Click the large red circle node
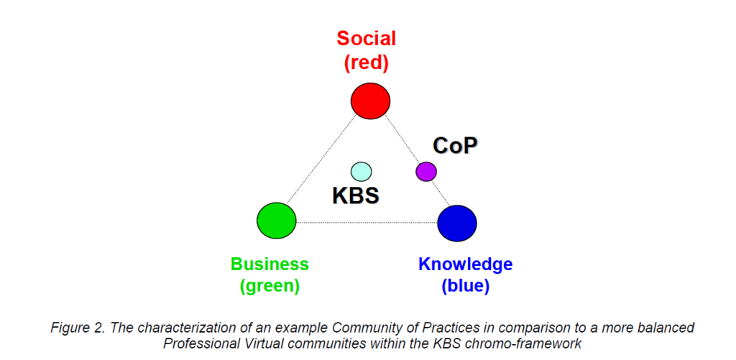[x=370, y=101]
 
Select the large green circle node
[x=277, y=221]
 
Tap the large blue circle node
[x=457, y=223]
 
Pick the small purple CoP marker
[x=426, y=171]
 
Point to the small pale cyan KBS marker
[x=362, y=171]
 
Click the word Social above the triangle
[x=367, y=39]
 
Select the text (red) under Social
[x=367, y=63]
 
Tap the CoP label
[x=455, y=145]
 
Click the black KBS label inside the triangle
[x=356, y=195]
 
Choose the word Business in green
[x=270, y=264]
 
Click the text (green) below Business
[x=270, y=286]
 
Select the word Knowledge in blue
[x=466, y=264]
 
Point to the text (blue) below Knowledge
[x=466, y=286]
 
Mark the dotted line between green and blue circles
[x=367, y=222]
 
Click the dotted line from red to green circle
[x=321, y=160]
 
